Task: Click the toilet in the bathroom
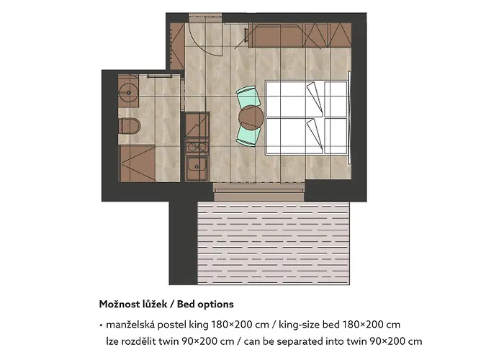[129, 126]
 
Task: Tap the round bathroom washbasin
[127, 93]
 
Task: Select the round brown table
[251, 117]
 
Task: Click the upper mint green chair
[248, 96]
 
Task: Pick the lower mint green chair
[248, 135]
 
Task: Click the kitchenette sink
[197, 166]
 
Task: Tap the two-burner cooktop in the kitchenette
[197, 147]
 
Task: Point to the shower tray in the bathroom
[138, 163]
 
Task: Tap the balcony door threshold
[258, 192]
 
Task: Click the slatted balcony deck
[273, 243]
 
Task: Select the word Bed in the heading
[186, 304]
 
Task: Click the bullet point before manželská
[101, 325]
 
